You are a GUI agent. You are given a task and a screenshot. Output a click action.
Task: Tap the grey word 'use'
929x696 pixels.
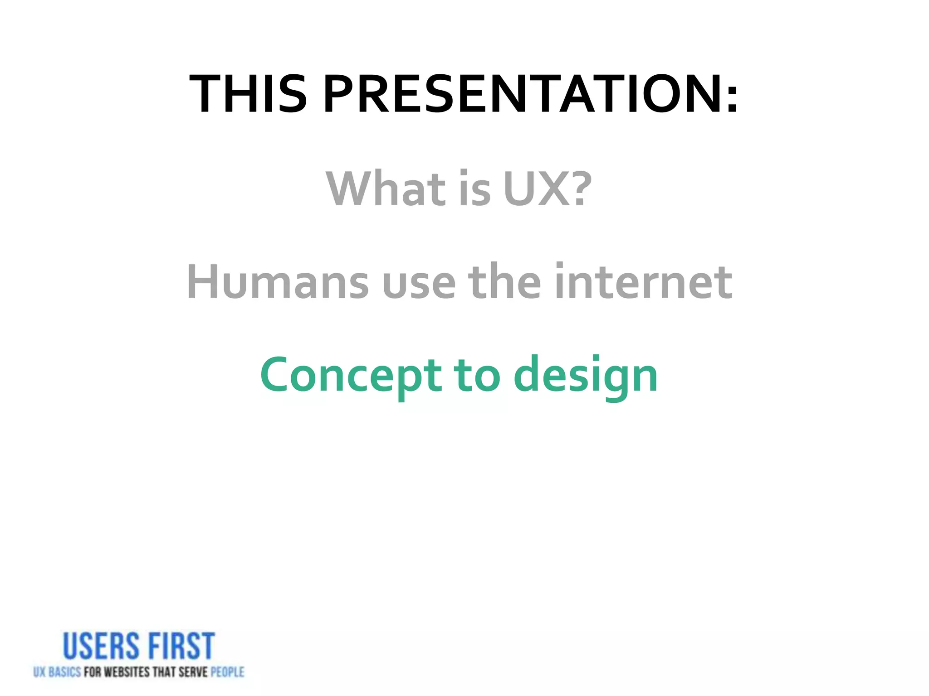(419, 285)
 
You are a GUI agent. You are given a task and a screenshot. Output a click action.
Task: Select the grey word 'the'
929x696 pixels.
(504, 282)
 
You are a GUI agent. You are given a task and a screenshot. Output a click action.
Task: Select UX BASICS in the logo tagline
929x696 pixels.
(57, 672)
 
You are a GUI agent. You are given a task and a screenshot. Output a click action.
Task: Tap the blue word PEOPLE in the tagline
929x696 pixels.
(227, 672)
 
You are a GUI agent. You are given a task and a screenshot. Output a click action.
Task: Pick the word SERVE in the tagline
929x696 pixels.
(193, 672)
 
